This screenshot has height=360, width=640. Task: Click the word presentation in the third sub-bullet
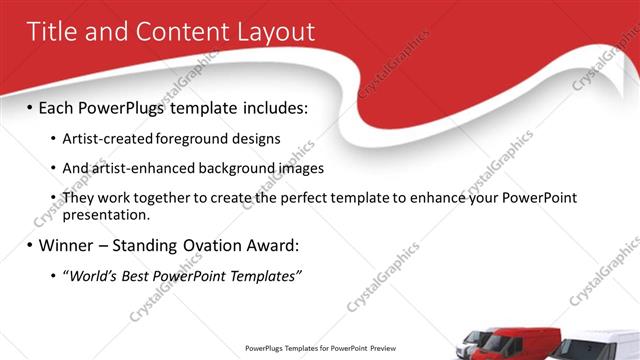pos(105,214)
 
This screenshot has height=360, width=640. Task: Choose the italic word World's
pos(93,275)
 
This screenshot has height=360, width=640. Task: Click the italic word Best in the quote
pos(138,275)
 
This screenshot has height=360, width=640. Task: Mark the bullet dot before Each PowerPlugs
pos(30,106)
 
